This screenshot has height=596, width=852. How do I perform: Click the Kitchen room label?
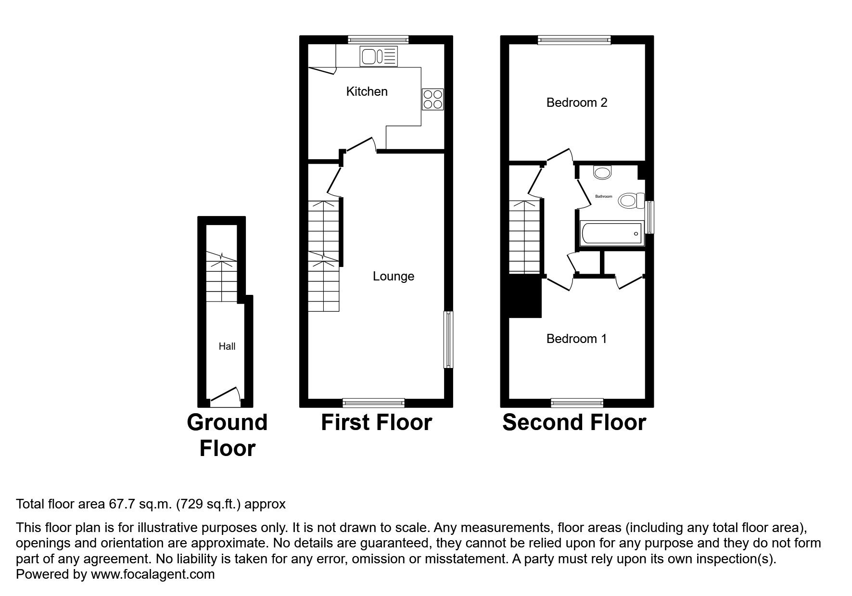pyautogui.click(x=367, y=91)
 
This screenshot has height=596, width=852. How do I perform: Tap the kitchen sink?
pyautogui.click(x=379, y=56)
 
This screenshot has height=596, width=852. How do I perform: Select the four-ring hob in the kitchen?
pyautogui.click(x=432, y=100)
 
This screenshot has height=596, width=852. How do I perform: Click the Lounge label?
pyautogui.click(x=394, y=276)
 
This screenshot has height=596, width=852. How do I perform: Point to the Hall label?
pyautogui.click(x=227, y=346)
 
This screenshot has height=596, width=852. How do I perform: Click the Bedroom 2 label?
pyautogui.click(x=577, y=102)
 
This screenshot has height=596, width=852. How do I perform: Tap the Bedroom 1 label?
pyautogui.click(x=576, y=339)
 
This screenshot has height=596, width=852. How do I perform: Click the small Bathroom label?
pyautogui.click(x=604, y=196)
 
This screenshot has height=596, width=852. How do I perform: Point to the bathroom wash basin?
pyautogui.click(x=603, y=172)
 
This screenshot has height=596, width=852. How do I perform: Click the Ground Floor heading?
pyautogui.click(x=227, y=435)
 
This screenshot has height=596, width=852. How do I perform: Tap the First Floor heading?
pyautogui.click(x=377, y=422)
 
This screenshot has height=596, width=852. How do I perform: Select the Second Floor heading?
pyautogui.click(x=574, y=422)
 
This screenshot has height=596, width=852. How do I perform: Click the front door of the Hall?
pyautogui.click(x=225, y=394)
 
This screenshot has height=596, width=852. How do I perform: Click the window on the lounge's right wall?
pyautogui.click(x=448, y=340)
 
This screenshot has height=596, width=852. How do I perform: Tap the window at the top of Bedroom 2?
pyautogui.click(x=574, y=40)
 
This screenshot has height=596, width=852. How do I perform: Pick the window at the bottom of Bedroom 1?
pyautogui.click(x=577, y=403)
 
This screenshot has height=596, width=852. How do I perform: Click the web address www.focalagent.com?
pyautogui.click(x=153, y=574)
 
